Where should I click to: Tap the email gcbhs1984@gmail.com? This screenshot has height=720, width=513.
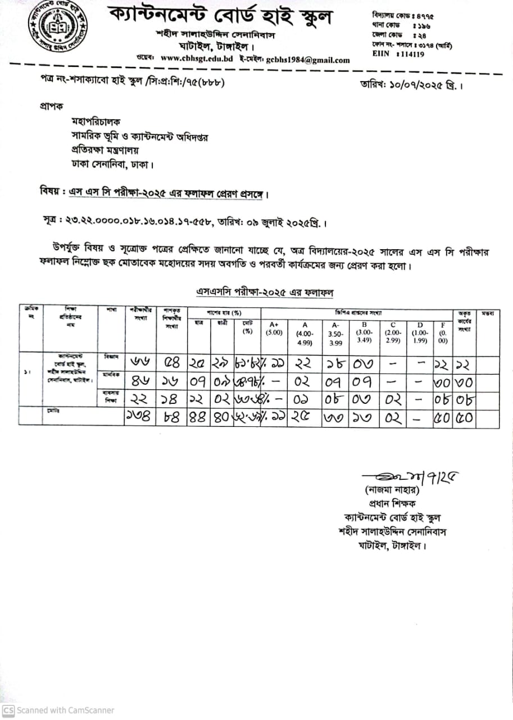pyautogui.click(x=307, y=60)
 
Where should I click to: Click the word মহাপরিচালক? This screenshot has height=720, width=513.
pyautogui.click(x=96, y=121)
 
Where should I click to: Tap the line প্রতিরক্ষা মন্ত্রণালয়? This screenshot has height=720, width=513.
pyautogui.click(x=105, y=150)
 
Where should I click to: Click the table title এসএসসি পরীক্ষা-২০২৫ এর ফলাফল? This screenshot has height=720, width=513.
pyautogui.click(x=264, y=292)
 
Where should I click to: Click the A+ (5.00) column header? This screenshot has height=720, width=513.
pyautogui.click(x=274, y=328)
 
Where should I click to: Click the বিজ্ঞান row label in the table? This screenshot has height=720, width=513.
pyautogui.click(x=111, y=357)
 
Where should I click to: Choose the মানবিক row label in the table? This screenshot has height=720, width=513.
pyautogui.click(x=111, y=375)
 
